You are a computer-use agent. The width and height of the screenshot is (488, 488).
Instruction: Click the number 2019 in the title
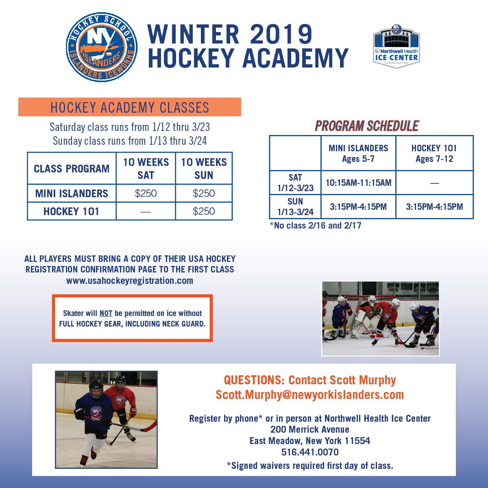pyautogui.click(x=281, y=34)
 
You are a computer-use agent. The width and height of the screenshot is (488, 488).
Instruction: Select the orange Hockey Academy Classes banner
pyautogui.click(x=130, y=107)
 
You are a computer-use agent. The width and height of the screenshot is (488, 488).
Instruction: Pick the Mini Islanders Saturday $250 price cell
pyautogui.click(x=146, y=194)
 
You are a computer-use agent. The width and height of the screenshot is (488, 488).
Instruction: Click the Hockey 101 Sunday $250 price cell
pyautogui.click(x=204, y=211)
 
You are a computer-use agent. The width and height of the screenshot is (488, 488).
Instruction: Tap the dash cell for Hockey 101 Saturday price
pyautogui.click(x=146, y=211)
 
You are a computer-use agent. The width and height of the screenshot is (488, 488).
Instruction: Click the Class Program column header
pyautogui.click(x=72, y=169)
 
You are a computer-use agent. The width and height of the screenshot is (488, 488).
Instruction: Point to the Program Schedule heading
pyautogui.click(x=367, y=126)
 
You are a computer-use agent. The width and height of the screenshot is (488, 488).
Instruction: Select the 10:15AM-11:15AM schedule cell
pyautogui.click(x=358, y=183)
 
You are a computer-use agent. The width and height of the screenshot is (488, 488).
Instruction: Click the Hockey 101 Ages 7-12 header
pyautogui.click(x=434, y=153)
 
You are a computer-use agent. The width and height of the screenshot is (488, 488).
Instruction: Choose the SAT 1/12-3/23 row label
pyautogui.click(x=295, y=183)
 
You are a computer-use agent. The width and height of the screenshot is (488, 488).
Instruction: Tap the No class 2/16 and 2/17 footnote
pyautogui.click(x=316, y=225)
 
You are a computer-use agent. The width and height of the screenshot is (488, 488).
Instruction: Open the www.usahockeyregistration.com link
pyautogui.click(x=130, y=281)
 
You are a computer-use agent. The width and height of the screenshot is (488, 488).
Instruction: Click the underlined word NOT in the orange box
pyautogui.click(x=106, y=314)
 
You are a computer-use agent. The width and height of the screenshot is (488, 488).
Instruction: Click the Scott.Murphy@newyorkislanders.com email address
pyautogui.click(x=310, y=395)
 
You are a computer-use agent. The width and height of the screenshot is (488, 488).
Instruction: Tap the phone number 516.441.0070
pyautogui.click(x=310, y=452)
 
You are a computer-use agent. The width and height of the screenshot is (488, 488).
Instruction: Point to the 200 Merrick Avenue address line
pyautogui.click(x=310, y=429)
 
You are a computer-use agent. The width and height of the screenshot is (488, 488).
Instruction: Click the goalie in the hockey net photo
pyautogui.click(x=367, y=316)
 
